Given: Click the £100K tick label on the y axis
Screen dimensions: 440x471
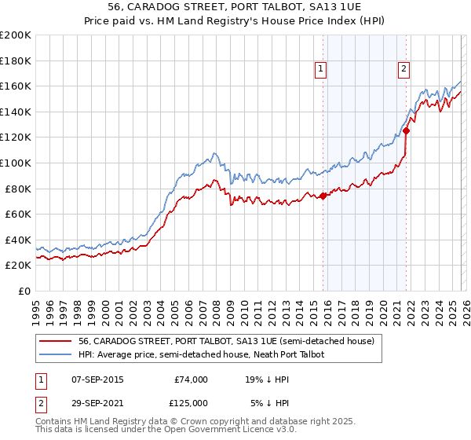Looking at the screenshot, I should coord(16,163).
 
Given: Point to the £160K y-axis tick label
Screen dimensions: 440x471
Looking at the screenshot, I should coord(16,86).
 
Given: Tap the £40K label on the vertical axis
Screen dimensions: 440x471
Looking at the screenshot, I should coord(18,240).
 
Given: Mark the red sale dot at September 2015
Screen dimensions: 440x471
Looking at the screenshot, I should coord(323,196).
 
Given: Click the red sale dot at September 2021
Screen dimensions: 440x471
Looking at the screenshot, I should coord(406,130).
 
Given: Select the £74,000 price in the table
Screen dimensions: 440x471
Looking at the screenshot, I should coord(190,379).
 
